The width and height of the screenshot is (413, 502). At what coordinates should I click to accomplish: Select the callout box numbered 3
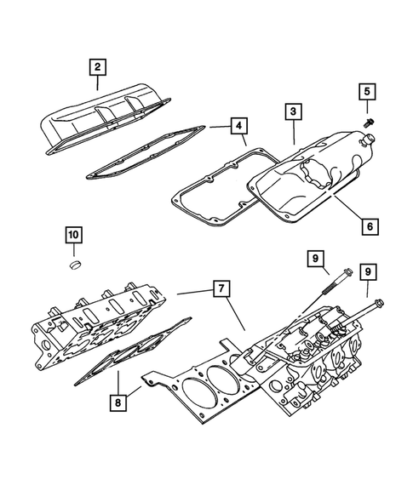[x=292, y=111]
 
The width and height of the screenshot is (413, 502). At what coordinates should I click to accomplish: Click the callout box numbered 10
[x=73, y=234]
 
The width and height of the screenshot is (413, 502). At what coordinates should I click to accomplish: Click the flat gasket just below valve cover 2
[x=145, y=157]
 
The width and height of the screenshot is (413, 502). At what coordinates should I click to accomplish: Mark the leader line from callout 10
[x=73, y=253]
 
